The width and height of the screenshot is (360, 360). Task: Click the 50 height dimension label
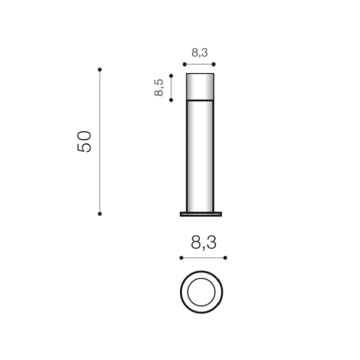pos(84,141)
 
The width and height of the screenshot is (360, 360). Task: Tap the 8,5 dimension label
pos(158,87)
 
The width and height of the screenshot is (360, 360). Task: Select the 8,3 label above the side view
pos(200,52)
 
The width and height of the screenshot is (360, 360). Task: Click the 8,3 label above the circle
pos(204,243)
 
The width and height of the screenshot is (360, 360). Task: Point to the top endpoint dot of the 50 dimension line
pos(100,70)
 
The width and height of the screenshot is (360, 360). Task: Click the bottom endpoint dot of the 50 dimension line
pos(100,214)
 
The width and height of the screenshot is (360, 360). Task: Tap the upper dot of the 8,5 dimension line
pos(171,76)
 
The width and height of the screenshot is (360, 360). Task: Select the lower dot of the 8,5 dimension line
pos(171,100)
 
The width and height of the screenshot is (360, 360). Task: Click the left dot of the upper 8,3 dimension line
pos(185,65)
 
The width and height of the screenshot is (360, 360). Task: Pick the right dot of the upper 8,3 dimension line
pos(214,65)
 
